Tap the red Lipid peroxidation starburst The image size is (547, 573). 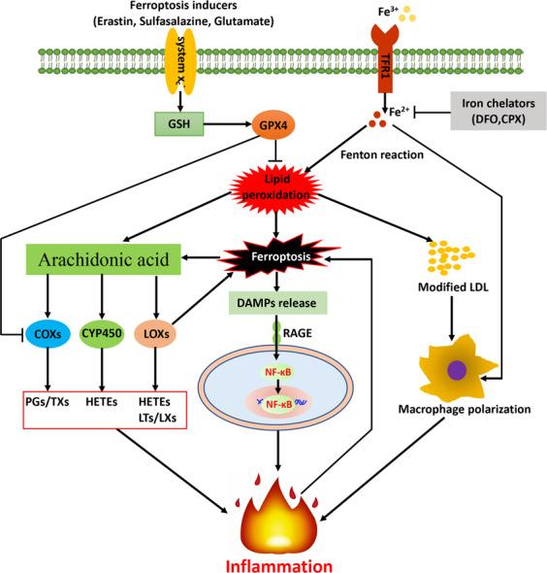277,184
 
